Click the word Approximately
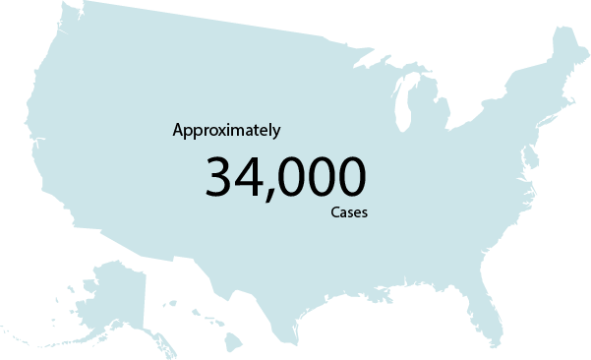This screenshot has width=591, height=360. click(x=226, y=130)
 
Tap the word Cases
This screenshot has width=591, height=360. click(x=349, y=212)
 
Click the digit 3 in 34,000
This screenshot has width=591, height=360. click(x=221, y=177)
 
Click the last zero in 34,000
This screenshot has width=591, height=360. click(x=351, y=177)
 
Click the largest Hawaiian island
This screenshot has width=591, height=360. click(x=233, y=341)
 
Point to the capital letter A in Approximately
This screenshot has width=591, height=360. click(x=178, y=129)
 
